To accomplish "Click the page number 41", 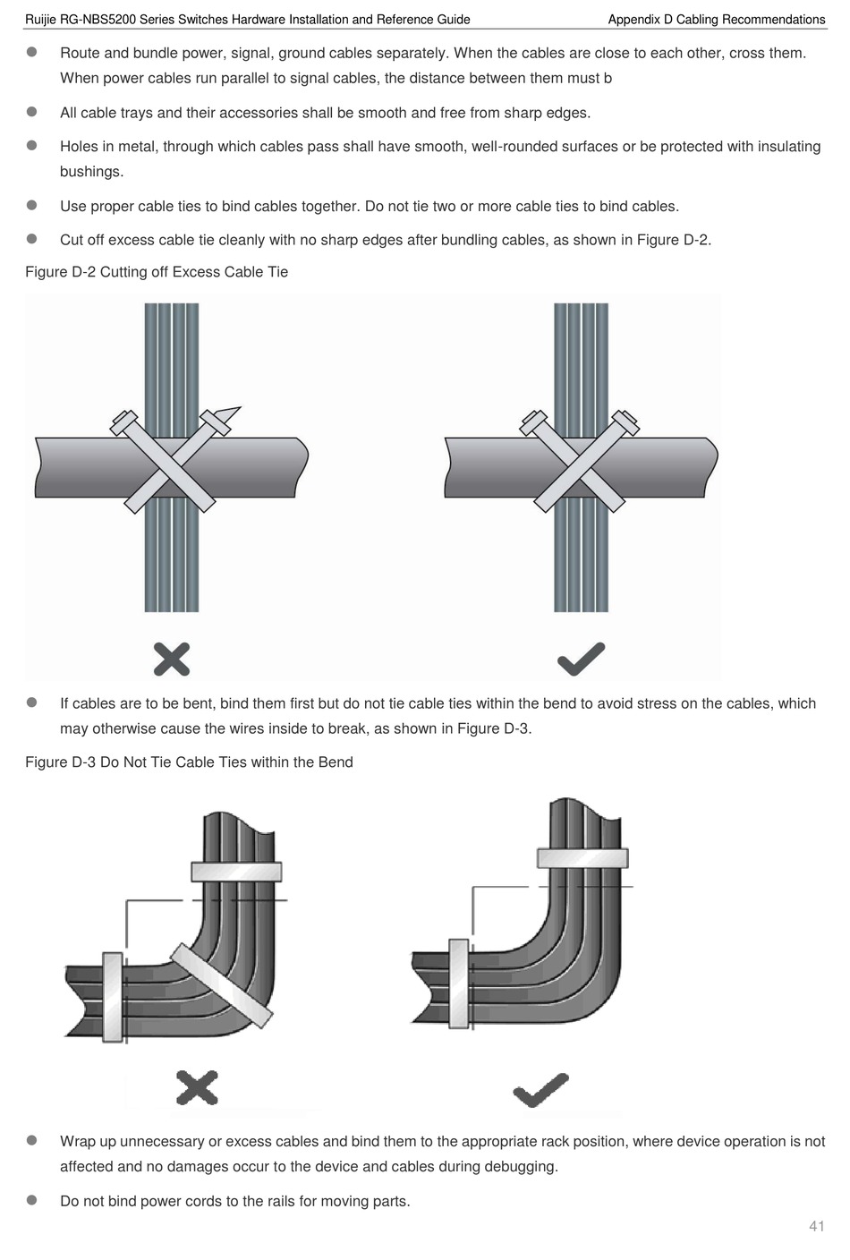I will coord(816,1226).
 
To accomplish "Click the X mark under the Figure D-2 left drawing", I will coord(172,659).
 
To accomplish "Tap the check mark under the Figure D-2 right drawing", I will coord(581,659).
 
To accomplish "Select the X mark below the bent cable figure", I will coord(197,1087).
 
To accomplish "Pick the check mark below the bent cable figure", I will coord(541,1089).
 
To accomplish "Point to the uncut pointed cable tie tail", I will coord(230,414).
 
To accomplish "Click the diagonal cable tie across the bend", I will coord(221,987).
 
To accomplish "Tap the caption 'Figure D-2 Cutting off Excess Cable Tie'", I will coord(157,272).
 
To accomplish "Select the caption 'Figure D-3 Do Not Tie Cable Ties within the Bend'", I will coord(189,762).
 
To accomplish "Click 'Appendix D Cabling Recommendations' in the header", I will coord(716,20).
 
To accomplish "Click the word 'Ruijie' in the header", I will coord(41,20).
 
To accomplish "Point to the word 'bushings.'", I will coord(91,172).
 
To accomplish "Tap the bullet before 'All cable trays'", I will coord(31,112).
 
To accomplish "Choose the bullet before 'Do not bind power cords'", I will coord(31,1200).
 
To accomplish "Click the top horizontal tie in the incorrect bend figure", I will coord(236,872).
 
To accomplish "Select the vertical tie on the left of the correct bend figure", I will coord(458,981).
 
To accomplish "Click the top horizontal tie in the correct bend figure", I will coord(582,858).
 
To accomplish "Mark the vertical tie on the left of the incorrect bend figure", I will coord(113,997).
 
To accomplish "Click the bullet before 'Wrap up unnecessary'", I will coord(31,1141).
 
